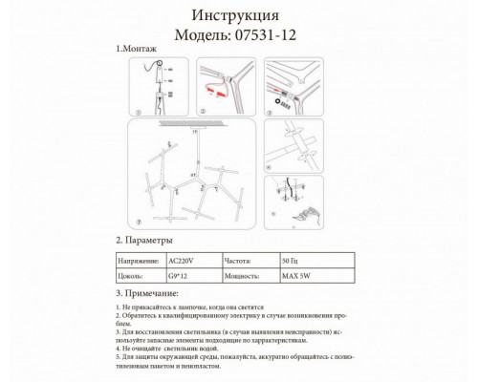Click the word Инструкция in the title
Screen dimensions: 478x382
pos(237,16)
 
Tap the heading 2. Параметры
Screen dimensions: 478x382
pos(144,241)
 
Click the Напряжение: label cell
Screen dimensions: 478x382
pos(138,258)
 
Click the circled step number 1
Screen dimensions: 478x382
pos(137,111)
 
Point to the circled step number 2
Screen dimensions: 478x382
pos(204,111)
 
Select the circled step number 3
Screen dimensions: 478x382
pos(271,111)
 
